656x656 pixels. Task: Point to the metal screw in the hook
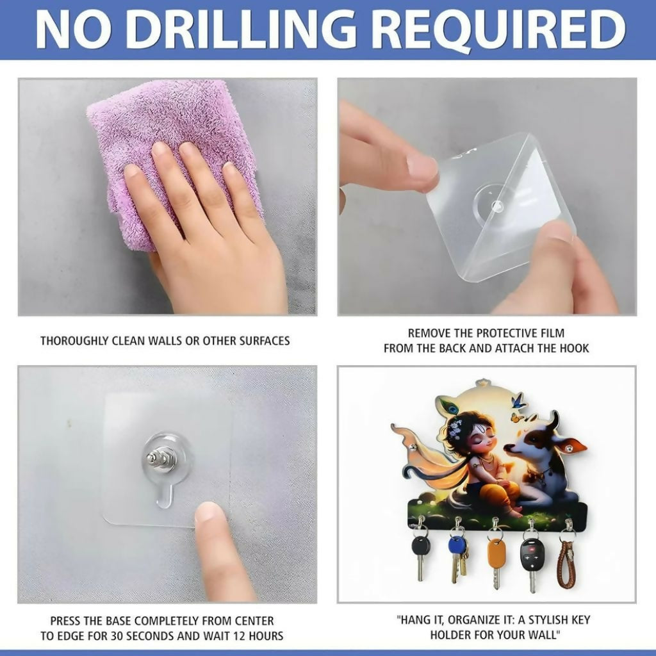pyautogui.click(x=161, y=457)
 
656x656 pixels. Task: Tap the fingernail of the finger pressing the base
pyautogui.click(x=208, y=512)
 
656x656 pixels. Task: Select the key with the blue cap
pyautogui.click(x=457, y=557)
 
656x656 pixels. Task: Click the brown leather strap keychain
pyautogui.click(x=568, y=563)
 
